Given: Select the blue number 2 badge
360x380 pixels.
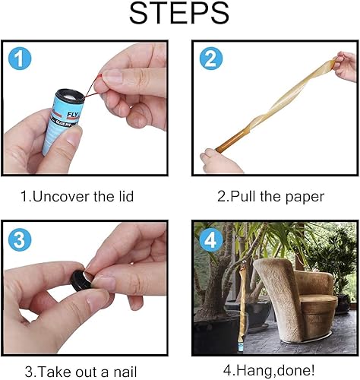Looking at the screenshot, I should click(210, 59).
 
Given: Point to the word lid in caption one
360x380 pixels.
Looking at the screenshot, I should click(124, 197).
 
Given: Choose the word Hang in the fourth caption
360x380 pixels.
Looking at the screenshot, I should click(250, 372).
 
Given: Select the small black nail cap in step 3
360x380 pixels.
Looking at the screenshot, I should click(77, 279).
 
